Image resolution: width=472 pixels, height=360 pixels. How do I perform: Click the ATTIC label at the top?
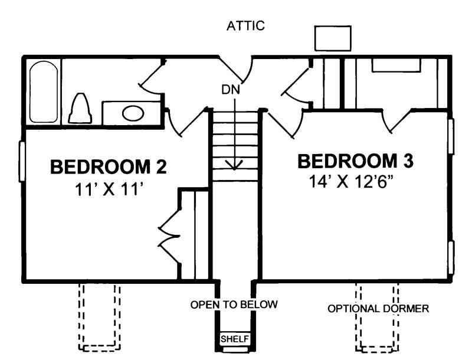(x=245, y=26)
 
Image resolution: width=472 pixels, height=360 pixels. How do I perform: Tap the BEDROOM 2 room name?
(x=109, y=167)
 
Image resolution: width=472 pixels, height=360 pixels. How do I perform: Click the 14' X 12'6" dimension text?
(x=352, y=181)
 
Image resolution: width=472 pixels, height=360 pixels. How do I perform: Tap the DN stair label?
(x=231, y=90)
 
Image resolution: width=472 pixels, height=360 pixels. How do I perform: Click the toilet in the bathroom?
(x=80, y=109)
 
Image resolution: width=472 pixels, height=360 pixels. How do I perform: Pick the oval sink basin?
(x=132, y=113)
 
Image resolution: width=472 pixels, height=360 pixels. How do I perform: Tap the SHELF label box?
(x=235, y=339)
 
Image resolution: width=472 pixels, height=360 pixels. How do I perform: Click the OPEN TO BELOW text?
(x=234, y=305)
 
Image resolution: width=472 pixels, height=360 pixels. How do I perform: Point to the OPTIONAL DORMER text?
(x=378, y=309)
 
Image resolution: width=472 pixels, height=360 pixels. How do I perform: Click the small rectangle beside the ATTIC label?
(x=333, y=38)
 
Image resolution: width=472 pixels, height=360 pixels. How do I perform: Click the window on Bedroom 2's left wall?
(x=22, y=161)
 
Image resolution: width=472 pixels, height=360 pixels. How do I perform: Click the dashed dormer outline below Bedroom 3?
(x=377, y=322)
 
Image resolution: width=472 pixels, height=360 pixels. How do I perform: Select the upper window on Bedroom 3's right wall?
(x=451, y=136)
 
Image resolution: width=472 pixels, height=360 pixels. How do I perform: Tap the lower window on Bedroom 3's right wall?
(x=451, y=257)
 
